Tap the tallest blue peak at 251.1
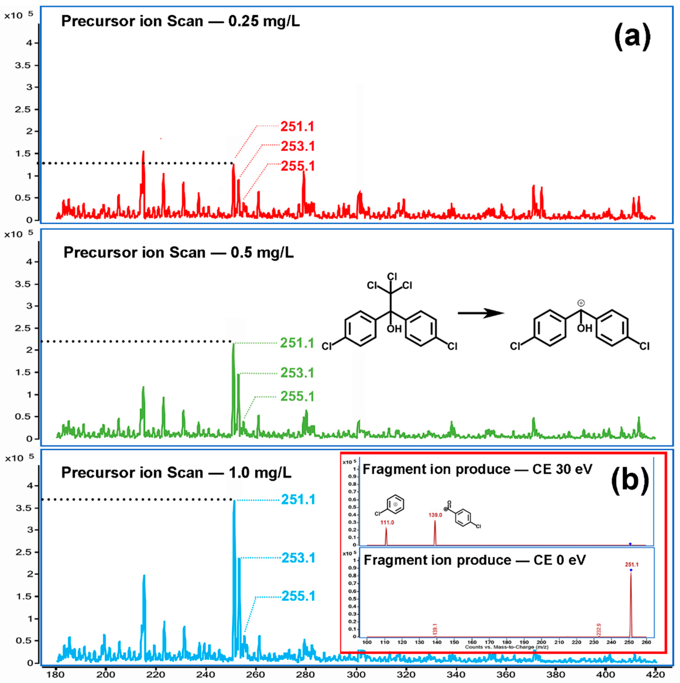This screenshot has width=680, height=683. (x=234, y=502)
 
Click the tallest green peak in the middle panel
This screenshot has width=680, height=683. (x=233, y=345)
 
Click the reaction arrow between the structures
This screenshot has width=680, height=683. (x=481, y=313)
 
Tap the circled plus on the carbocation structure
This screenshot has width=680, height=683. (x=581, y=303)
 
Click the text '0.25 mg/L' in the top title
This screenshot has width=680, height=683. (x=264, y=21)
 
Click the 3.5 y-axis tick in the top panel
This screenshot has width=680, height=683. (x=23, y=65)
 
